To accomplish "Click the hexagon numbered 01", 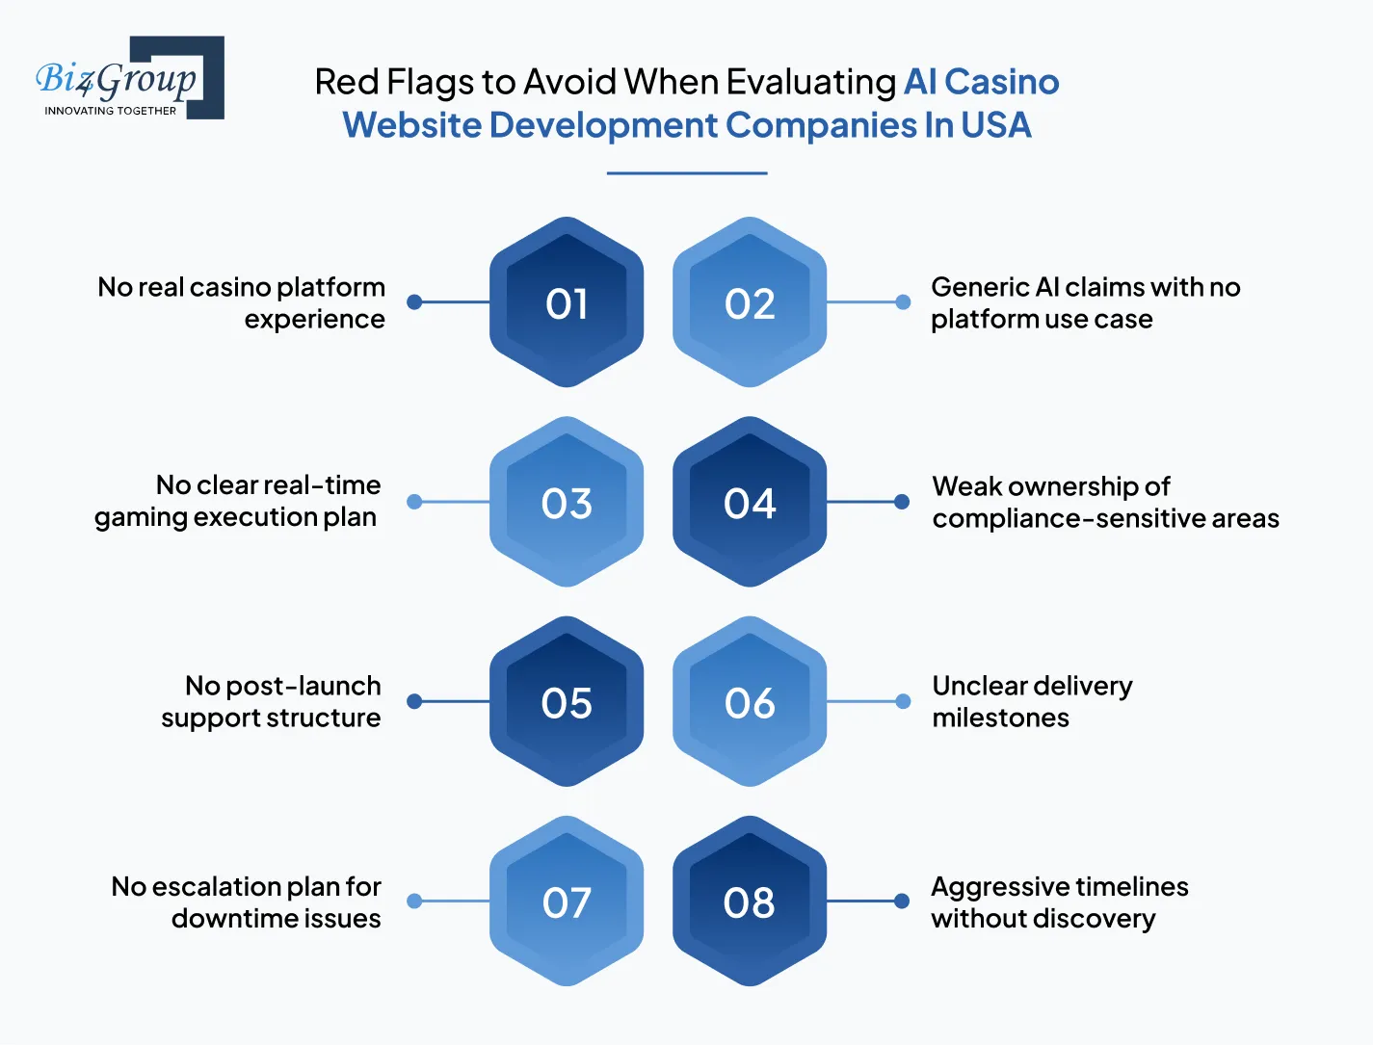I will tap(567, 302).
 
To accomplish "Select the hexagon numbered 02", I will tap(750, 302).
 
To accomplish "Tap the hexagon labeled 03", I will tap(567, 502).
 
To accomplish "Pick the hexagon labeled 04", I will tap(750, 502).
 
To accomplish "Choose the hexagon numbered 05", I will tap(567, 702).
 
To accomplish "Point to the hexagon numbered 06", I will tap(750, 702).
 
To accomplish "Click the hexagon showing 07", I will tap(567, 901).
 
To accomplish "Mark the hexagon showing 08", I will tap(750, 901).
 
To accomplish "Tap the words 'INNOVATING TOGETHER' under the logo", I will tap(110, 111).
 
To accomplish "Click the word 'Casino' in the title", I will tap(1001, 82).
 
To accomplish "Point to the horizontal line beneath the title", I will tap(687, 173).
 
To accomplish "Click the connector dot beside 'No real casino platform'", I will tap(414, 302).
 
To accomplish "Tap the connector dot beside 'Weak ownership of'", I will tap(902, 502).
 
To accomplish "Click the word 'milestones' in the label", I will tap(1000, 718).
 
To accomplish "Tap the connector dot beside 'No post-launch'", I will tap(414, 702).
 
